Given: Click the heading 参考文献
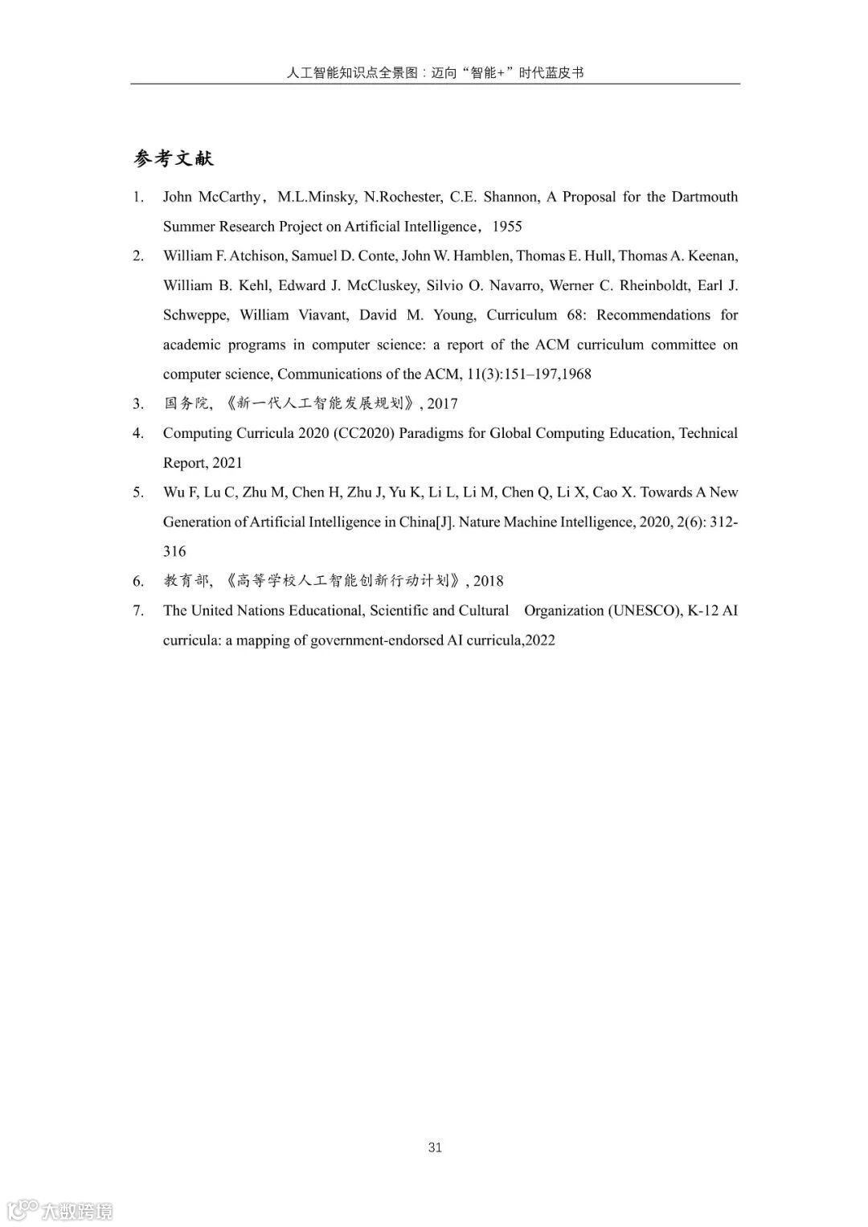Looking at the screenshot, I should tap(174, 158).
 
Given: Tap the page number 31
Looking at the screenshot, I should tap(435, 1147).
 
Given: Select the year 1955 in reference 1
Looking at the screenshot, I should tap(507, 227).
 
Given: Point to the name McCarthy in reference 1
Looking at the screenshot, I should tap(230, 197).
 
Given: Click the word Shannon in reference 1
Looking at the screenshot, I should tap(510, 197).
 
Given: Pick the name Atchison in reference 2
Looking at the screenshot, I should tap(257, 256).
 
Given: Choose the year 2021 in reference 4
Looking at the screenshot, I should tap(227, 463).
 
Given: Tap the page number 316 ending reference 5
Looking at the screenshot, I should tap(174, 551).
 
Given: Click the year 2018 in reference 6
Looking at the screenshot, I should tap(489, 581).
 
